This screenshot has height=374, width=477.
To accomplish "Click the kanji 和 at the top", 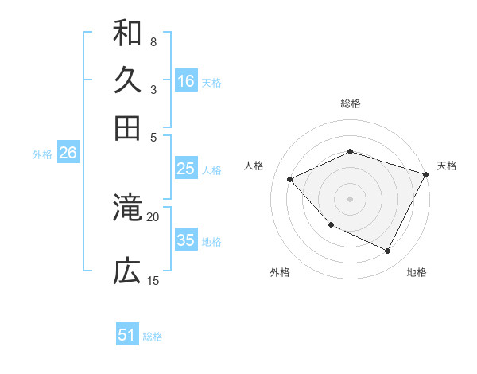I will coord(127,33).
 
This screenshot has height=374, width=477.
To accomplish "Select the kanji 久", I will coord(127,80).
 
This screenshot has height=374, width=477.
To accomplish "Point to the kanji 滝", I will coord(127,208).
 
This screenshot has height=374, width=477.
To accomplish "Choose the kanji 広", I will coord(127,272).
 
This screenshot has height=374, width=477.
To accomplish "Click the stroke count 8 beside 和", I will coord(153,41).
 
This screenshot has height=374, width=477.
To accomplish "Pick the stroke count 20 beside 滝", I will coord(153,216).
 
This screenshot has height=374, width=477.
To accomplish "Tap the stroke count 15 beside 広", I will coord(153,280).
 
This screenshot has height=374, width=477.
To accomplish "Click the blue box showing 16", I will coord(186,81).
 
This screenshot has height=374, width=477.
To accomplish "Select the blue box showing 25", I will coord(186,169).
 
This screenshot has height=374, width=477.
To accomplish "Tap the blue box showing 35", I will coord(186,240).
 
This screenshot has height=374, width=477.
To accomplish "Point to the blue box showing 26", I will coord(68,154).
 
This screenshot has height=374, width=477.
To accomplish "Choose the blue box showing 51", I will coord(127,335).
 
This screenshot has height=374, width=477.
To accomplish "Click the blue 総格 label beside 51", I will coord(153,337).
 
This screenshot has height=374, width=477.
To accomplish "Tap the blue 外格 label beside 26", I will coord(41,154).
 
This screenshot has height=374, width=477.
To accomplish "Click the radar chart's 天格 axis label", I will coord(447,166).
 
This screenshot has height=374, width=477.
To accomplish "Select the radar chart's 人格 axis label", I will coord(254,166).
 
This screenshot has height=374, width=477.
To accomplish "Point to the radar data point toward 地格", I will coord(388,251).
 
